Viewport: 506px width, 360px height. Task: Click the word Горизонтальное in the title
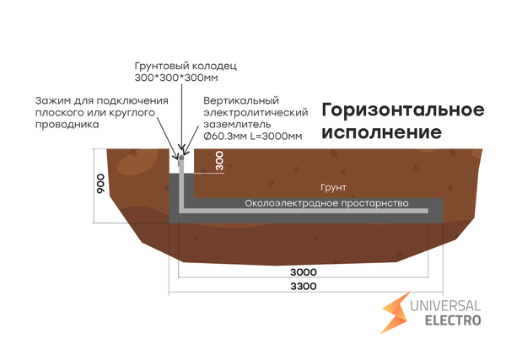click(x=403, y=110)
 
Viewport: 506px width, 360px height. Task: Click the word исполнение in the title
click(x=381, y=133)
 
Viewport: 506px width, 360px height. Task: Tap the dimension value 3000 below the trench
click(x=303, y=271)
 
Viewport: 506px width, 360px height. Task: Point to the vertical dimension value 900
click(x=100, y=185)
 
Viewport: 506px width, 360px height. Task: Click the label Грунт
click(x=334, y=187)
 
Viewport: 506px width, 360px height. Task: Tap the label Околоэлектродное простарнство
click(x=326, y=203)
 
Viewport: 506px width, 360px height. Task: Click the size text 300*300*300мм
click(x=175, y=78)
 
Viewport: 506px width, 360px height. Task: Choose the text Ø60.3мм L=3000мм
click(x=252, y=136)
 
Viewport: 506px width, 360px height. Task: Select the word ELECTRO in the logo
click(x=453, y=320)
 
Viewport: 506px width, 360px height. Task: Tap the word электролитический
click(x=253, y=112)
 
